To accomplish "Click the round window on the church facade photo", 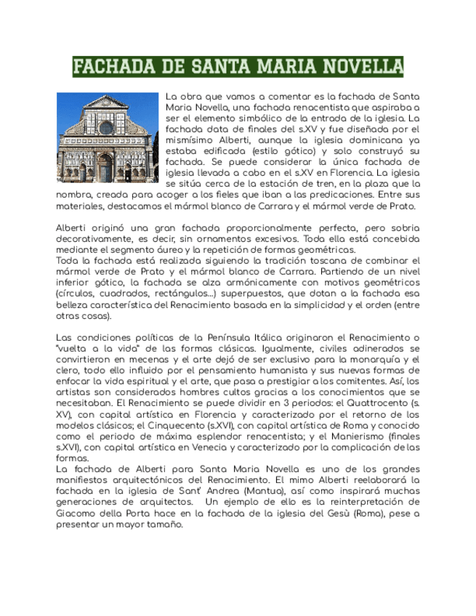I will (x=106, y=128).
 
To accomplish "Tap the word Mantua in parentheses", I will (x=270, y=491).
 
